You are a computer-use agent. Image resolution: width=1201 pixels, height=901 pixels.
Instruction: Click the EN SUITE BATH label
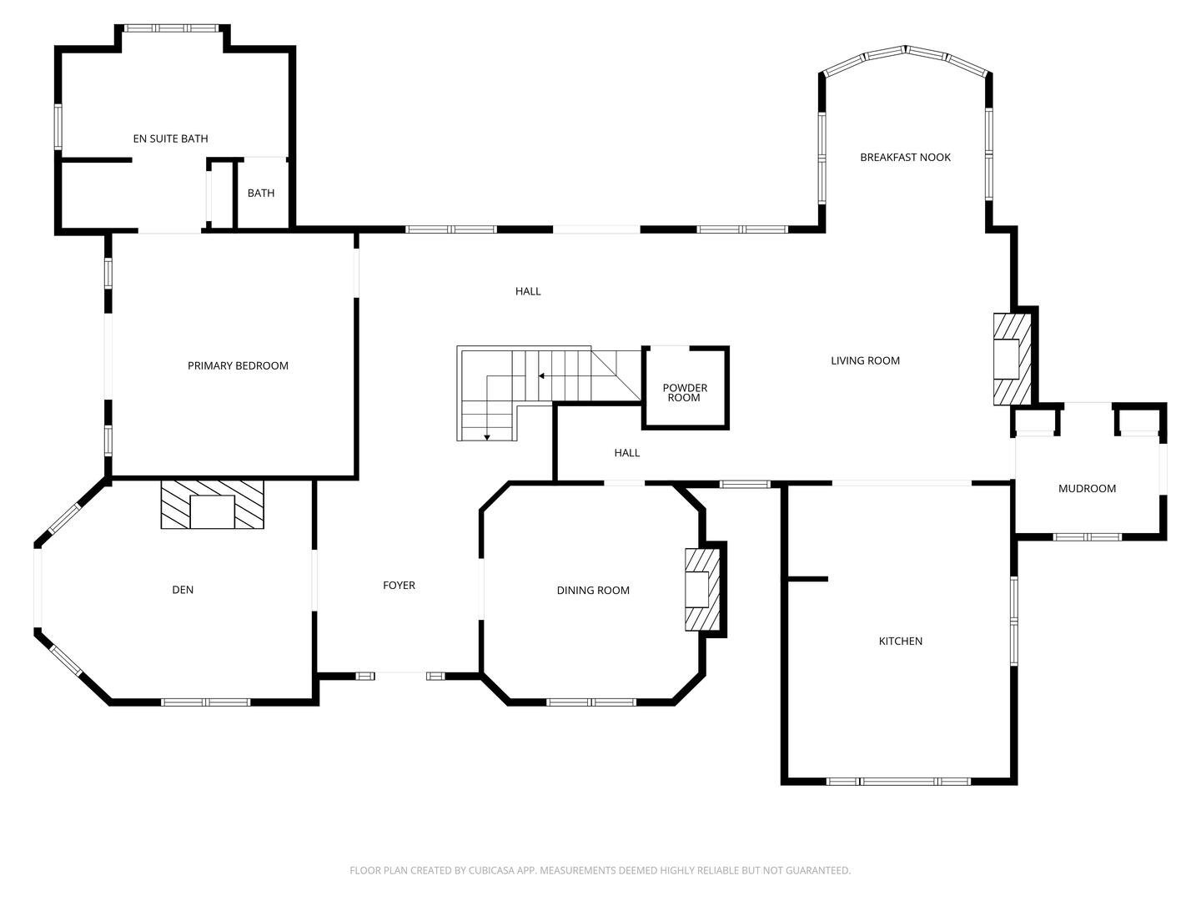tap(170, 138)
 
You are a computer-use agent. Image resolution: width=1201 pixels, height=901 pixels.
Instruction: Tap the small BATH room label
tap(260, 193)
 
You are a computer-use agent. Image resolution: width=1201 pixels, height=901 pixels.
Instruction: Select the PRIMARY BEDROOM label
tap(238, 365)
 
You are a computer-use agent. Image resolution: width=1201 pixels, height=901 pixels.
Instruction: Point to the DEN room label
tap(183, 590)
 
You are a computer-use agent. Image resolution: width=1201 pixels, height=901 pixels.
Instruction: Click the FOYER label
tap(399, 586)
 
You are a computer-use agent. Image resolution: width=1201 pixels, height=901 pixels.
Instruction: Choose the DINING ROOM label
tap(593, 591)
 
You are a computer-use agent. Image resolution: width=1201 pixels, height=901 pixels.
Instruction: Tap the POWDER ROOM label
tap(685, 393)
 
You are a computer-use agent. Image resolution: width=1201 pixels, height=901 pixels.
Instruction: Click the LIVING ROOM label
tap(865, 360)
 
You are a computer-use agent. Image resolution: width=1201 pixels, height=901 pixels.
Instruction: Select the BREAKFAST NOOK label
tap(905, 157)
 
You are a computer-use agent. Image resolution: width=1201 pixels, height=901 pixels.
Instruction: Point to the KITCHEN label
tap(901, 641)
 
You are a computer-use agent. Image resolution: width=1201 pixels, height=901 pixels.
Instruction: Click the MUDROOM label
tap(1087, 489)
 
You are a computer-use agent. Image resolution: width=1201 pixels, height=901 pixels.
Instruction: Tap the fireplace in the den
tap(212, 504)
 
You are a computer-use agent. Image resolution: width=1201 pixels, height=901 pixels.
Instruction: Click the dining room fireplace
tap(702, 589)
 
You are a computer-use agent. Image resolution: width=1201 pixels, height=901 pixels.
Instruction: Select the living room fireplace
tap(1011, 359)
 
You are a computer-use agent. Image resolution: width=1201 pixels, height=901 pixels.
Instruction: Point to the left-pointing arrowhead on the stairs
tap(542, 376)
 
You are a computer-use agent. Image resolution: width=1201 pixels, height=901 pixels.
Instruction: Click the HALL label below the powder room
tap(626, 453)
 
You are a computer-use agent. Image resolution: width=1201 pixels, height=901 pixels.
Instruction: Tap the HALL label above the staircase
tap(528, 291)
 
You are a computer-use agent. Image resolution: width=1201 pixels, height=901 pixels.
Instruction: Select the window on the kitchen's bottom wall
tap(898, 782)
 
